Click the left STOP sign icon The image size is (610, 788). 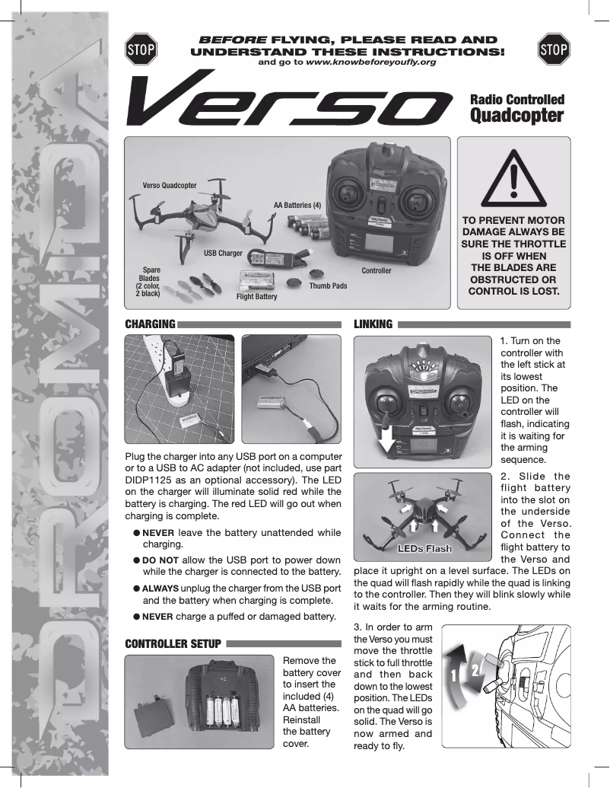[x=141, y=49]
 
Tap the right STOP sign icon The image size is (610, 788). [x=553, y=49]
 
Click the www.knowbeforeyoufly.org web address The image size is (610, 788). [x=370, y=62]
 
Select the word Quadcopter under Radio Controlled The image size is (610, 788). [x=516, y=116]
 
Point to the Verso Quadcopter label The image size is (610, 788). [x=170, y=185]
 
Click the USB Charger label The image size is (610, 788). [x=223, y=252]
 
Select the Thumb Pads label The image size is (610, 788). [x=328, y=286]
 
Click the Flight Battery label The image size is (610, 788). [x=257, y=296]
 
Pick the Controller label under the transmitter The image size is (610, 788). [x=376, y=271]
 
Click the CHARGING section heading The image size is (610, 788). [x=150, y=324]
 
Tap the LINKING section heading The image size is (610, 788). [x=373, y=324]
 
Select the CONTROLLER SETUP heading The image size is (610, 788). [x=173, y=644]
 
